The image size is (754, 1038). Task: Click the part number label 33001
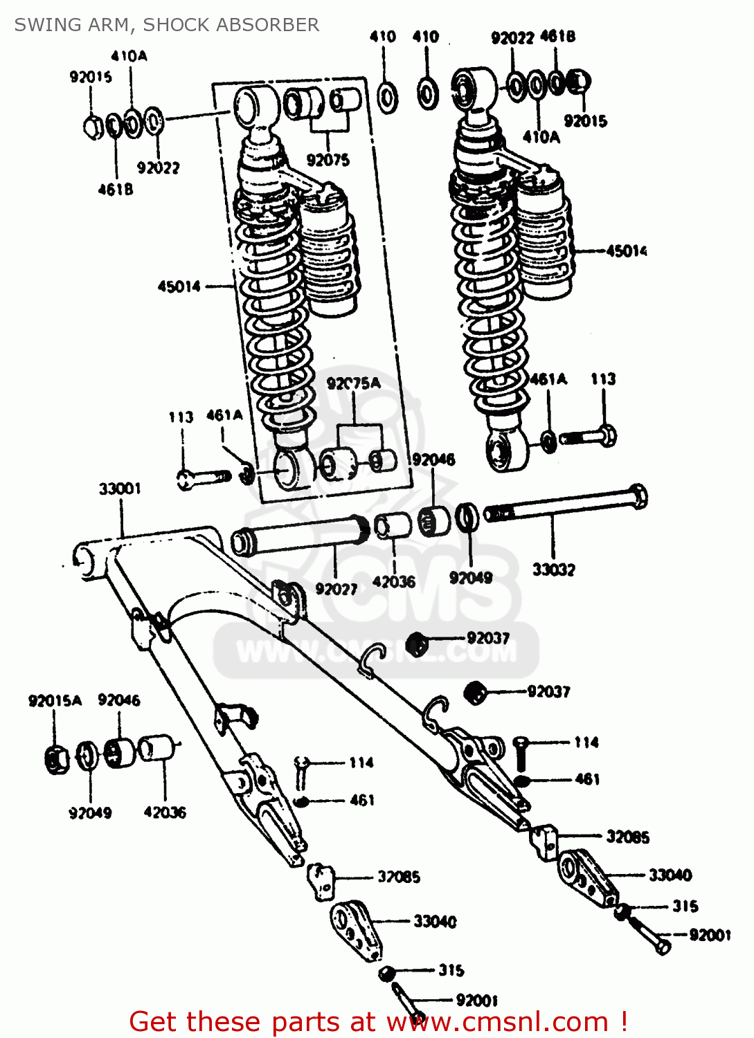pos(120,489)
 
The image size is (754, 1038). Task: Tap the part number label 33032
pos(553,570)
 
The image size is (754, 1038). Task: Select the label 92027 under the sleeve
pos(336,589)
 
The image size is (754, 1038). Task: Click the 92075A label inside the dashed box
pos(353,383)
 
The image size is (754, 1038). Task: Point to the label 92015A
pos(55,700)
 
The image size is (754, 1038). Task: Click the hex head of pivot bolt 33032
pos(639,496)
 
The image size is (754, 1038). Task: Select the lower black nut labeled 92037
pos(475,693)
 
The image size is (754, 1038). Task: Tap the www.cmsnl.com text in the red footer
pos(496,1021)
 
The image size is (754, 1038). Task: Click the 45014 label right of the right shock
pos(626,251)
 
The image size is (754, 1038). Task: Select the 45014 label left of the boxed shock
pos(179,286)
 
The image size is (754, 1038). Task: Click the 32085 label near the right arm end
pos(627,837)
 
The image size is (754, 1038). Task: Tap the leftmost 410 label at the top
pos(383,36)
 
